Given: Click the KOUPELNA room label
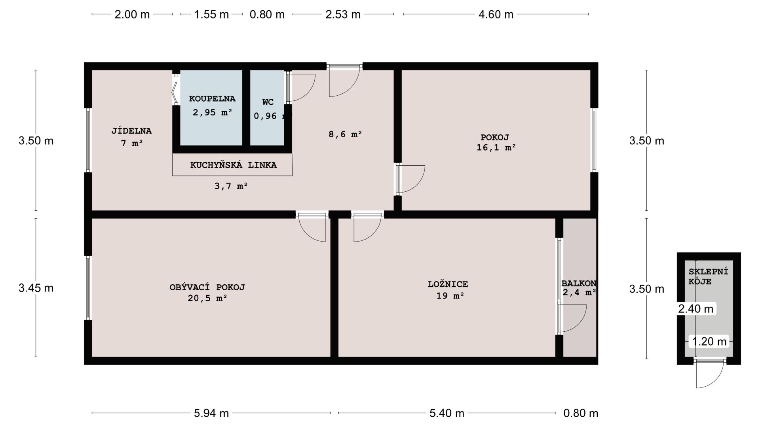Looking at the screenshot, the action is point(212,99).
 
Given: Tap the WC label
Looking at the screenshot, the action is point(268,102).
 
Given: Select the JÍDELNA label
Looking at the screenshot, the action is point(131,131).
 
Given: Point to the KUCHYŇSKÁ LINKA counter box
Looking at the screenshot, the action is point(232,164).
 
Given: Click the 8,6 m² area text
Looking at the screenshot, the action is point(346,134).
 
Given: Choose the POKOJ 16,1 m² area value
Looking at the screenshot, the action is point(496,147).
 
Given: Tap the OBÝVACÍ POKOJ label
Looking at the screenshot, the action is point(207,287).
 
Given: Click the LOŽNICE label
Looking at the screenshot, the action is point(448,284).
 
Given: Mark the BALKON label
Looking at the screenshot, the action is point(579,283).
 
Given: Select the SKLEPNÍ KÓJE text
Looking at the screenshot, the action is point(708,277).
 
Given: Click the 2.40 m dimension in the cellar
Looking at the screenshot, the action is point(696,309).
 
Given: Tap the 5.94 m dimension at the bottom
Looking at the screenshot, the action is point(211,413).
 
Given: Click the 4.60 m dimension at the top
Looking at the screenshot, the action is point(496,14).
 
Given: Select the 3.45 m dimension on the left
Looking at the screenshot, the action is point(36,288).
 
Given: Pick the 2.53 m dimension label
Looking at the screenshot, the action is point(343,14).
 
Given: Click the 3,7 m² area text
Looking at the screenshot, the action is point(231,186).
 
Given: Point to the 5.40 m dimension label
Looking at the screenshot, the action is point(446,413).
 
